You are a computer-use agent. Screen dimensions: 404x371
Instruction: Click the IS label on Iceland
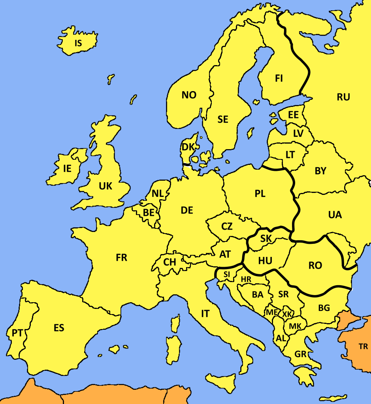pos(78,43)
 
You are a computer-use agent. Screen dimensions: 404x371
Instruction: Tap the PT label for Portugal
pos(17,333)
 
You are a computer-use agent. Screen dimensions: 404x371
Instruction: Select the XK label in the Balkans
pos(287,314)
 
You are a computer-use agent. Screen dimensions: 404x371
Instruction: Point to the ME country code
pos(272,312)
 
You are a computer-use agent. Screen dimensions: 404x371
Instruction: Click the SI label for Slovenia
pos(226,274)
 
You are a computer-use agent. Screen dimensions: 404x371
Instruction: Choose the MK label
pos(295,326)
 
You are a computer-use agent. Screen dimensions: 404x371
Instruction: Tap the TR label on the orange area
pos(363,347)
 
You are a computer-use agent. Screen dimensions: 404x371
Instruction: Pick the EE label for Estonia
pos(293,115)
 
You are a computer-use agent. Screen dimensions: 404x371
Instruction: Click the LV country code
pos(298,133)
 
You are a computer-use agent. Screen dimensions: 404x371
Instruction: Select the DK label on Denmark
pos(188,147)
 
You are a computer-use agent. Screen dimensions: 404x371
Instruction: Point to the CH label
pos(169,262)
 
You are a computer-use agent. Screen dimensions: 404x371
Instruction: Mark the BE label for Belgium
pos(149,213)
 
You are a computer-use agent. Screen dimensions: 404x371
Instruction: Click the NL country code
pos(157,194)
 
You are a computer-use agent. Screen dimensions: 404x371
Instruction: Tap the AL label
pos(281,338)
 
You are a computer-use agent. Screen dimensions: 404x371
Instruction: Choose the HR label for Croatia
pos(246,279)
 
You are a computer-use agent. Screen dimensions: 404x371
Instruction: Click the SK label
pos(266,238)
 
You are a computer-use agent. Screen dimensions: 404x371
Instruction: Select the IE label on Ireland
pos(67,168)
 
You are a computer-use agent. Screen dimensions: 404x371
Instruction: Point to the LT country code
pos(290,155)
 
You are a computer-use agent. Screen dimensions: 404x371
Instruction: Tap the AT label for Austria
pos(225,254)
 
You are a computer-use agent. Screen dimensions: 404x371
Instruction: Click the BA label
pos(258,294)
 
